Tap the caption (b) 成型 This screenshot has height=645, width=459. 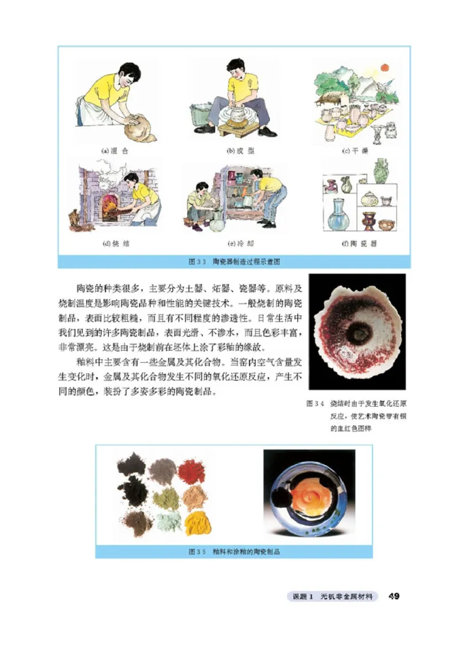pyautogui.click(x=239, y=150)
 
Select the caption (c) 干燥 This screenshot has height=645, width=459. pyautogui.click(x=355, y=150)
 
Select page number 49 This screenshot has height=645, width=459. pyautogui.click(x=394, y=596)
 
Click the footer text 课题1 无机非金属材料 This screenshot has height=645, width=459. pyautogui.click(x=333, y=597)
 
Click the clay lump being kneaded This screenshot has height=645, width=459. pyautogui.click(x=138, y=125)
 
